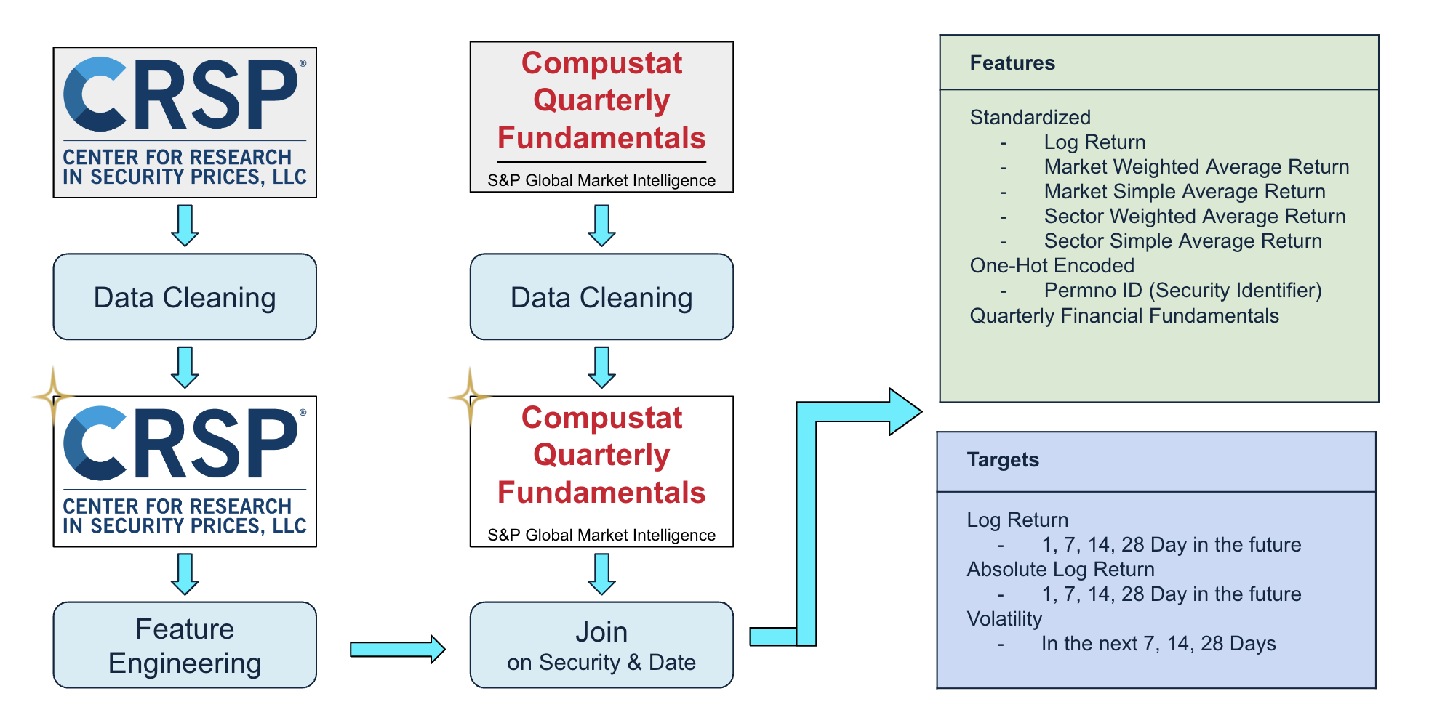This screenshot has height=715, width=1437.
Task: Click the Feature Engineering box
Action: (185, 645)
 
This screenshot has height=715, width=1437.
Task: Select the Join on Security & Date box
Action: (601, 645)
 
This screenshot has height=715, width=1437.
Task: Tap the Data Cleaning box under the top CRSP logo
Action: (185, 296)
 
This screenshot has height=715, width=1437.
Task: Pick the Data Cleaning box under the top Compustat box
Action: (601, 296)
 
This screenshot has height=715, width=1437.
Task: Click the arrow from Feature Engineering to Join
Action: (397, 649)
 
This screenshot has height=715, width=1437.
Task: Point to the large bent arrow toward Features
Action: (806, 523)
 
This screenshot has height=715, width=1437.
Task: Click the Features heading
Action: (1012, 63)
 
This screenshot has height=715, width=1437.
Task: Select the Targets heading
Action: (1003, 460)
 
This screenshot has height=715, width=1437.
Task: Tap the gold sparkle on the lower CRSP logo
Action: (53, 396)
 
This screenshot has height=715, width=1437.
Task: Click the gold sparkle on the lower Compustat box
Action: (471, 397)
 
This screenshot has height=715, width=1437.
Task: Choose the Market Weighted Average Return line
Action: (1196, 167)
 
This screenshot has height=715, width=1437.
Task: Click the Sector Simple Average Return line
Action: (1183, 241)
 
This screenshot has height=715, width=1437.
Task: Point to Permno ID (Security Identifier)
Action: (1182, 291)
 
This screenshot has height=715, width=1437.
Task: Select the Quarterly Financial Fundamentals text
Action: (1124, 316)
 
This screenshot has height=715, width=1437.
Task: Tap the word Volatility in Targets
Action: (1004, 619)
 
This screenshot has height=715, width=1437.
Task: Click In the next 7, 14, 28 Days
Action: (1158, 644)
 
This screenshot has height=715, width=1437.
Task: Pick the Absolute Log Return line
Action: (1060, 570)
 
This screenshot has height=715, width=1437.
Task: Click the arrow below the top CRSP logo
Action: (185, 225)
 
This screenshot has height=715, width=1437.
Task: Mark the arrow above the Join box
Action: (601, 574)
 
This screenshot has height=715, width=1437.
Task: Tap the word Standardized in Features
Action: (1030, 118)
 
